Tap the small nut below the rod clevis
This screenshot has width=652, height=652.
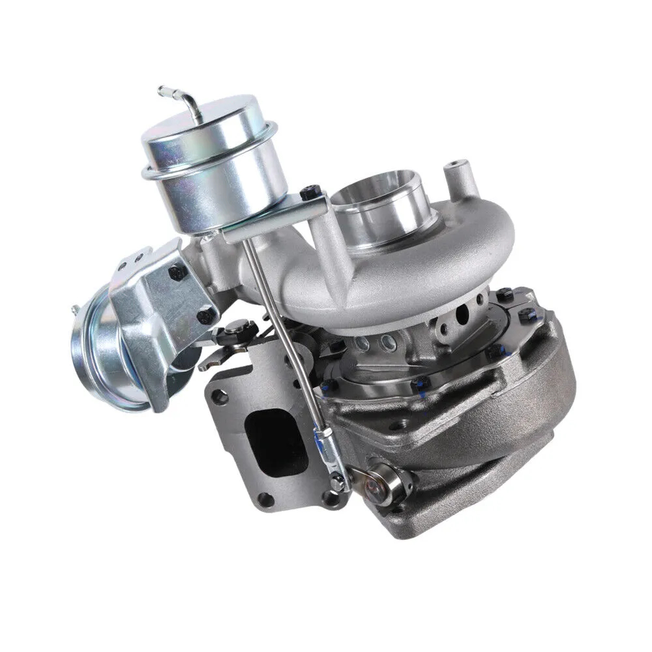click(x=338, y=482)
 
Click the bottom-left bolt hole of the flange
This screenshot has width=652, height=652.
click(x=262, y=501)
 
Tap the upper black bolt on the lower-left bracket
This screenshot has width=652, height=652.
click(x=176, y=273)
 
